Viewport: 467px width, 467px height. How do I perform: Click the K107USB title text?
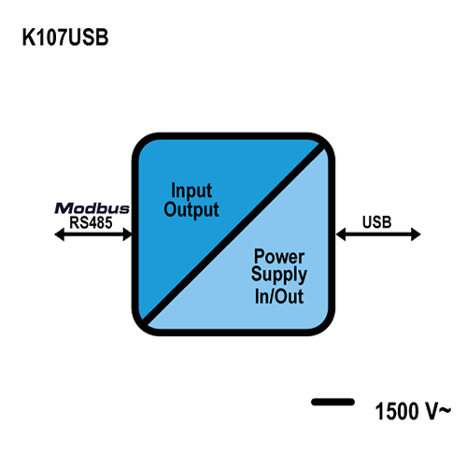65,37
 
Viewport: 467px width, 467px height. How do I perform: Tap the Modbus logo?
92,208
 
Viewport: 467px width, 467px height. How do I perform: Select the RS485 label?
91,222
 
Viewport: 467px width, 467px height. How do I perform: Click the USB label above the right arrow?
376,222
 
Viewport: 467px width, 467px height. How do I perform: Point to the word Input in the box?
191,191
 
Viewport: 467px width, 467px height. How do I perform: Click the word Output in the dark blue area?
191,210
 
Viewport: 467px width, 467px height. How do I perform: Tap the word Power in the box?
279,257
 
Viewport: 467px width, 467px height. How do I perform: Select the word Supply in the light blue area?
279,276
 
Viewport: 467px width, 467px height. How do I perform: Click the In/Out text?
279,296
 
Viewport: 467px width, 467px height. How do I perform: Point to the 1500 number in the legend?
397,411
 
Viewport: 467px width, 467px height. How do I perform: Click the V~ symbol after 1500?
438,411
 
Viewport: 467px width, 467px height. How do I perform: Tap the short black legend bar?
333,402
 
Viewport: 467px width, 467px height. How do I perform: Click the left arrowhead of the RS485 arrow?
59,234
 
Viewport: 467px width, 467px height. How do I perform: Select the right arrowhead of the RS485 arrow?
128,234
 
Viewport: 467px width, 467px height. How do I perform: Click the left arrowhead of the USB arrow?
341,234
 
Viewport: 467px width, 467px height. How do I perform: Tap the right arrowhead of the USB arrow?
417,234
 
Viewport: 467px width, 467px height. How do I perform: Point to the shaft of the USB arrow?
378,234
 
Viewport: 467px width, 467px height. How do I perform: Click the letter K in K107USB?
28,37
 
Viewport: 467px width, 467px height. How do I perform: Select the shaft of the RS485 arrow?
93,234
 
